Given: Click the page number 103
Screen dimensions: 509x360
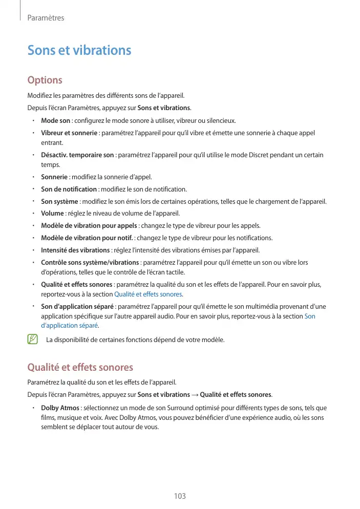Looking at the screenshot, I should (x=180, y=496).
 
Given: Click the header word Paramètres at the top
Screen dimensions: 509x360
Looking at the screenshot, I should (x=46, y=18).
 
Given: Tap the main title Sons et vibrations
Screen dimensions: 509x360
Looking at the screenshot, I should (x=79, y=50).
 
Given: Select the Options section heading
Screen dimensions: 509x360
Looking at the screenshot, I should (x=45, y=80).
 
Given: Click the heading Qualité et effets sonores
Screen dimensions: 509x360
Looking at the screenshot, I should (x=80, y=367).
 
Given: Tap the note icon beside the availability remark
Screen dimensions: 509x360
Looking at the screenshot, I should (x=33, y=339).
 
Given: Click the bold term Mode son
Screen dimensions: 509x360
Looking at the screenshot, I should (x=55, y=121).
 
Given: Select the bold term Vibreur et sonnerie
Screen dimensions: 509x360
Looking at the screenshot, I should (x=69, y=133).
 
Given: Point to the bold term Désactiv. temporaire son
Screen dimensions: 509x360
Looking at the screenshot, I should (x=77, y=155).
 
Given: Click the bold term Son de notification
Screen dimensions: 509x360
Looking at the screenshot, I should (x=69, y=189).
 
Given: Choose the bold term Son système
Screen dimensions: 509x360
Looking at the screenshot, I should (x=59, y=201).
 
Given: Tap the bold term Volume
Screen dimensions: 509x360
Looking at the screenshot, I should (x=52, y=213).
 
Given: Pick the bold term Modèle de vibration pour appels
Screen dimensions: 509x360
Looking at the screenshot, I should (x=89, y=225).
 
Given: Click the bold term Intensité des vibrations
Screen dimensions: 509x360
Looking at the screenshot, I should (x=75, y=250).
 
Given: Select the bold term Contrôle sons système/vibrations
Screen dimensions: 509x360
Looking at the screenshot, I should (x=90, y=262).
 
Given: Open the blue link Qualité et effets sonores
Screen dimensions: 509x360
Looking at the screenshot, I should (x=148, y=294).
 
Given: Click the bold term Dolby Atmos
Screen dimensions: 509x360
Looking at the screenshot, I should (x=60, y=408).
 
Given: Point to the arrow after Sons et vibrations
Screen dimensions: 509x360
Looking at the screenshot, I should (x=195, y=394).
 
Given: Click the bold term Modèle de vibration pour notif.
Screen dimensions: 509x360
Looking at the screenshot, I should (x=87, y=238).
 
